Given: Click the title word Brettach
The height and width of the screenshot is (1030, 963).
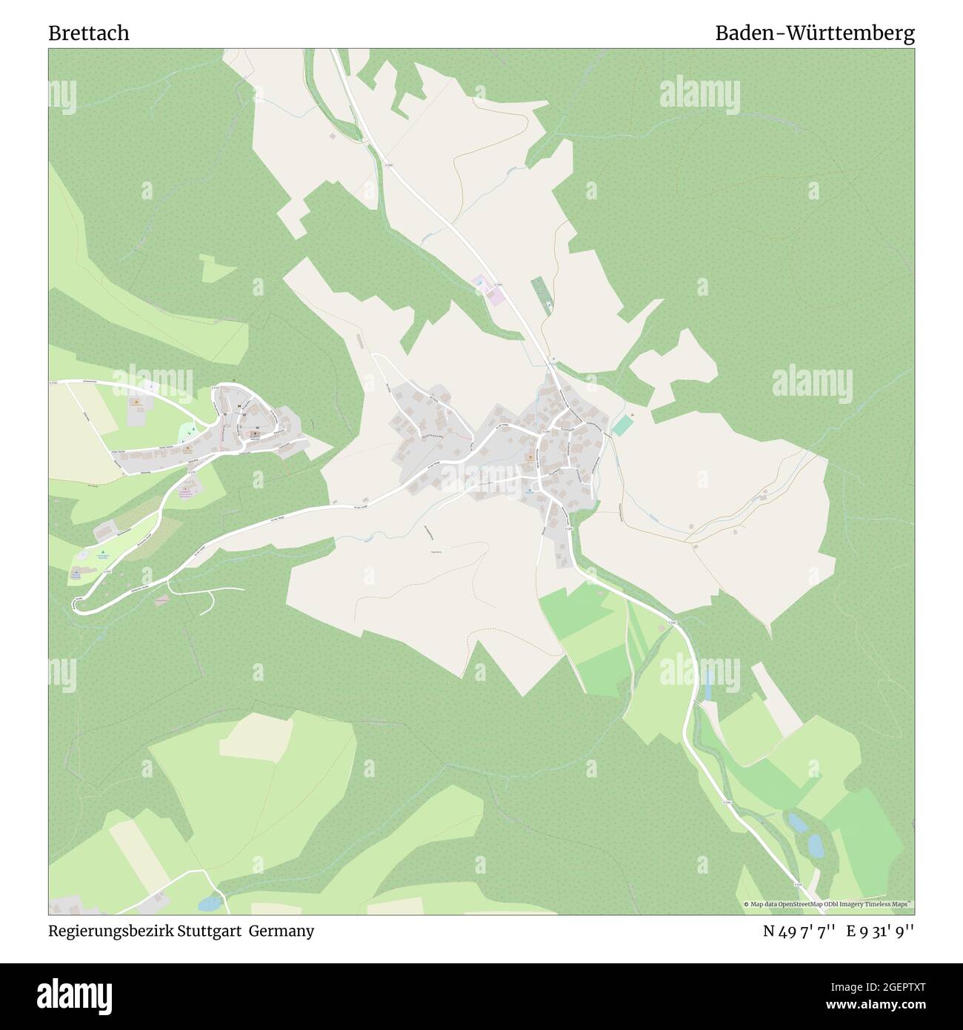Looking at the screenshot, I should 89,33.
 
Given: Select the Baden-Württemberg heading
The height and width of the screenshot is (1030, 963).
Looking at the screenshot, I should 814,33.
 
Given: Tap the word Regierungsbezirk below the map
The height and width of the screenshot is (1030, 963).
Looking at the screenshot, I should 110,931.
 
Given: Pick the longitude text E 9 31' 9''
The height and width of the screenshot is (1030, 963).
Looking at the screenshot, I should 881,931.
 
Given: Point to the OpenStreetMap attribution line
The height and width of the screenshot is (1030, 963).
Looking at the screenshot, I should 828,904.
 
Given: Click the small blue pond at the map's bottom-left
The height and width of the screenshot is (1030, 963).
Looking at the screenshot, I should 209,903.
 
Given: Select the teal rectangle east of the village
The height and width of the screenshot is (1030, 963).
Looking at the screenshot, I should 623,425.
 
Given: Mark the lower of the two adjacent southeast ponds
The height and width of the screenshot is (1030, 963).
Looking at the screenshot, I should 815,845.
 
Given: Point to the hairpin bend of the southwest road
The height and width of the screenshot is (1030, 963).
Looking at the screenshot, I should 76,605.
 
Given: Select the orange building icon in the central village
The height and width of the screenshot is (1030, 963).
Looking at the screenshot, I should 530,458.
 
